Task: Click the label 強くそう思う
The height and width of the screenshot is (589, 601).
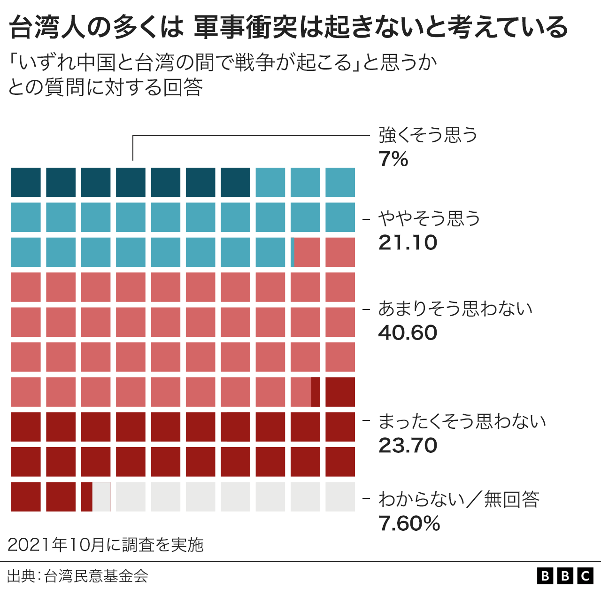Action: click(428, 135)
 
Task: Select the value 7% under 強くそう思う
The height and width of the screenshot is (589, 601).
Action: click(393, 159)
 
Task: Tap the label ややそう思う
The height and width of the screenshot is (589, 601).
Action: click(429, 218)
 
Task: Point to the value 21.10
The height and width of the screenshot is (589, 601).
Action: click(408, 243)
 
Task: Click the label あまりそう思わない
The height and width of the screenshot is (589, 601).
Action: click(455, 309)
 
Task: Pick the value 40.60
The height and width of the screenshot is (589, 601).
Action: click(408, 333)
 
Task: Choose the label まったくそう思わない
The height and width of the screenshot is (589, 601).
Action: click(462, 421)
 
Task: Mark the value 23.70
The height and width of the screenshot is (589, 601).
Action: click(408, 446)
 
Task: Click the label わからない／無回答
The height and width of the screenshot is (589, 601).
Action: click(459, 499)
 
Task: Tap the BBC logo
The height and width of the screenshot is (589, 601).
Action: click(565, 576)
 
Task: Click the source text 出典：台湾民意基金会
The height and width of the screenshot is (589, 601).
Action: click(78, 576)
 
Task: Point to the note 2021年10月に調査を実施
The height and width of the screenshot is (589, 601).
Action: click(106, 544)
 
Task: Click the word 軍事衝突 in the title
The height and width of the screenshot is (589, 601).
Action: click(244, 27)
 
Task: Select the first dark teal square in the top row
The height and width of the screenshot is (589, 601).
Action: click(26, 182)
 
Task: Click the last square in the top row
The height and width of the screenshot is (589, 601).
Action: click(340, 182)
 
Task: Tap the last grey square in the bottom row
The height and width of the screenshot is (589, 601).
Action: click(340, 496)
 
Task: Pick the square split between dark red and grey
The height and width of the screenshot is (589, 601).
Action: click(96, 496)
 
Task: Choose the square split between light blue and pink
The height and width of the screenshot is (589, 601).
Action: click(305, 252)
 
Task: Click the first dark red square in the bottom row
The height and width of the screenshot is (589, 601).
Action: click(26, 496)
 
